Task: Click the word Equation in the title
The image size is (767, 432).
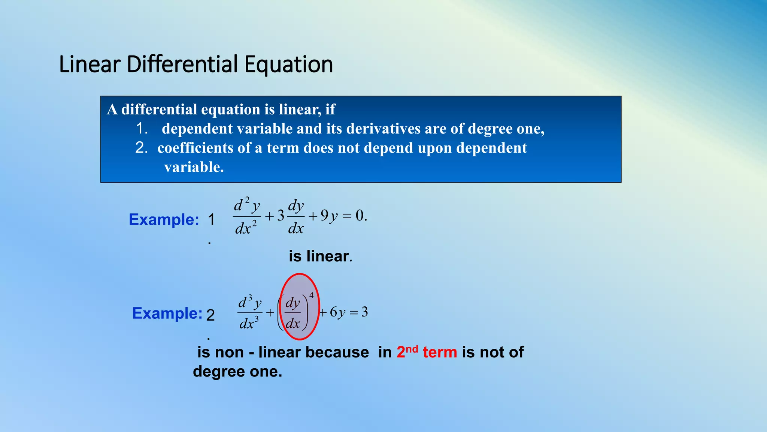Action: [288, 64]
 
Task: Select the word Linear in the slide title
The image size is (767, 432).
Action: [90, 64]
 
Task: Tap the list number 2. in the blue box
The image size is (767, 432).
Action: [142, 148]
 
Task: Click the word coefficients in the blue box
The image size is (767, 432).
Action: [195, 148]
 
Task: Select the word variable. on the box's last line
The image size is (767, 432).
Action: [194, 167]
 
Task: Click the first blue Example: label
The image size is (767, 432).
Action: [164, 219]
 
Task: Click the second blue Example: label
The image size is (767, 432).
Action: [167, 313]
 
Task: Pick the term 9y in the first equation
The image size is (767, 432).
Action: [329, 216]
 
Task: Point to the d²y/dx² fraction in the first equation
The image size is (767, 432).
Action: [246, 216]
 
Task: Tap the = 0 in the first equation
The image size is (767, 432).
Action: [355, 216]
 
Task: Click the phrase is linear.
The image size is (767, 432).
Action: [320, 256]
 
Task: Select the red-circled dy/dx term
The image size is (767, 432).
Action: [293, 313]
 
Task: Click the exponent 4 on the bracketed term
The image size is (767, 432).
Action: [311, 295]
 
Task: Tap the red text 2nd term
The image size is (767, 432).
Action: [427, 352]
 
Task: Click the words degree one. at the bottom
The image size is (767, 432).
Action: [237, 372]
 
